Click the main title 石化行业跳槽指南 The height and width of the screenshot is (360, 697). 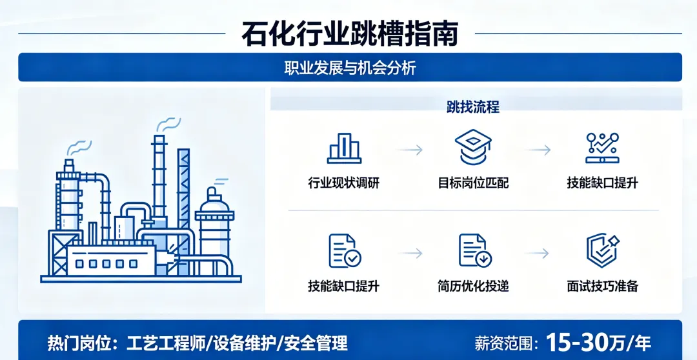coord(349,34)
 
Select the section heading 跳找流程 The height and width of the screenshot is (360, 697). coord(473,107)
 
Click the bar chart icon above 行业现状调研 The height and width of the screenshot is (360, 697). coord(344,148)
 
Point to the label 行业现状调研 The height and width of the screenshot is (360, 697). coord(344,183)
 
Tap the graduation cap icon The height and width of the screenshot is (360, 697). coord(473,148)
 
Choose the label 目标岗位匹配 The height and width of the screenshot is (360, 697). coord(473,183)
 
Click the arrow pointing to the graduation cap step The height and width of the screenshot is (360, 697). coord(410,150)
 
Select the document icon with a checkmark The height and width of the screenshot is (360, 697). coord(344,251)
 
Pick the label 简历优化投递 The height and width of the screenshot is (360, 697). coord(473,286)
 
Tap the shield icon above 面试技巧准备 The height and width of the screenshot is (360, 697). coord(602,251)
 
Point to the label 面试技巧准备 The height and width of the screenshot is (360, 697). coord(602,286)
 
